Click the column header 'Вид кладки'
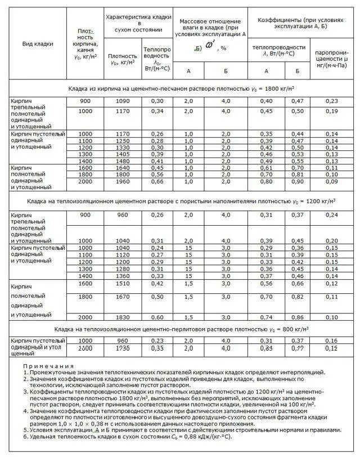tap(37, 43)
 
